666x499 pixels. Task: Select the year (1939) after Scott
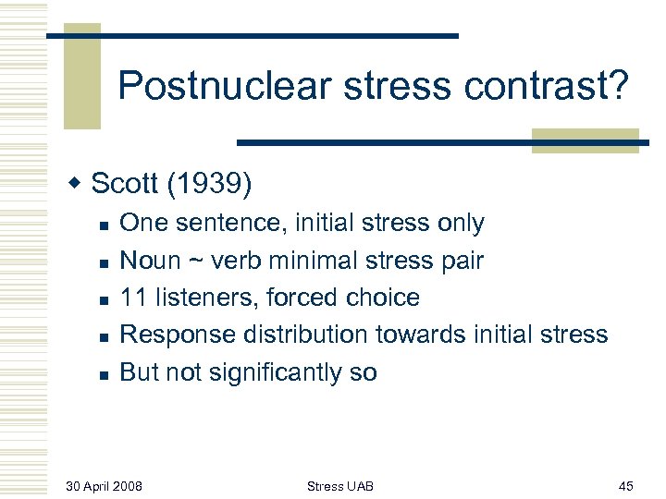209,184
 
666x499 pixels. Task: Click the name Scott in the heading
126,184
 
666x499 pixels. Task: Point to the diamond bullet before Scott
78,184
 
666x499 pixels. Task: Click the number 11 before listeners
133,298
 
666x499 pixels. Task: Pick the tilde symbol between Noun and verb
195,261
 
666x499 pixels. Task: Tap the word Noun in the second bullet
152,261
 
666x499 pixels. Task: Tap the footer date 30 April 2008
104,486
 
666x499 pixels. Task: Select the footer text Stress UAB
340,486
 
